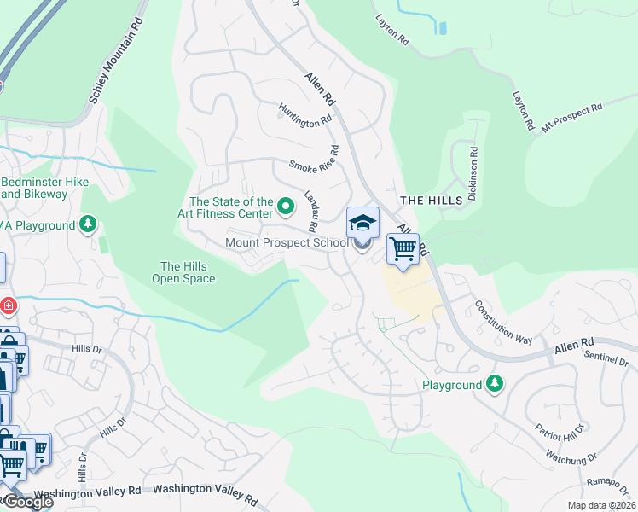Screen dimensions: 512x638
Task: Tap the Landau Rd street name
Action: [311, 210]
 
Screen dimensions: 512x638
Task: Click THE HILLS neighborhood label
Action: [432, 200]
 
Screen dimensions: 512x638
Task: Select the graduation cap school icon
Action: [362, 224]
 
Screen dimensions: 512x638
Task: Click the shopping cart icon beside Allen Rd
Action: [403, 249]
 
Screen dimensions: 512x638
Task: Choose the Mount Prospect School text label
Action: [287, 243]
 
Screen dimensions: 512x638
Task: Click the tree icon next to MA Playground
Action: [87, 225]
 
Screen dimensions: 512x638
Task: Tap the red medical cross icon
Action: [8, 305]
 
